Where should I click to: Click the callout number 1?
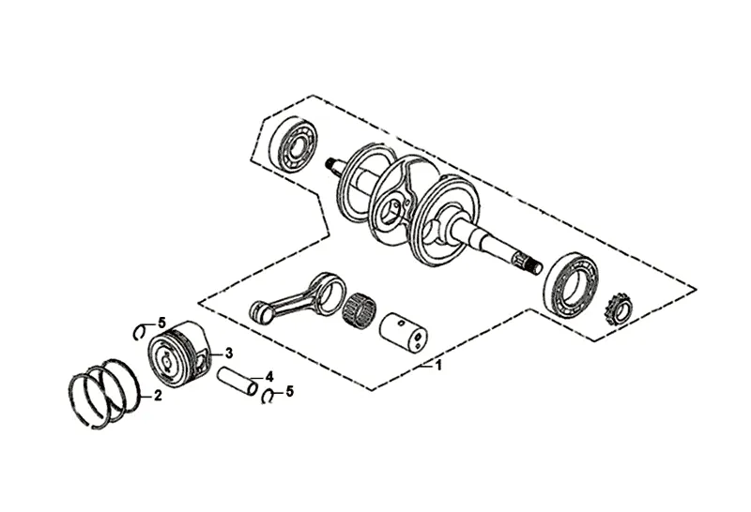click(x=437, y=366)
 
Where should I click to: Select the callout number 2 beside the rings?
click(x=158, y=396)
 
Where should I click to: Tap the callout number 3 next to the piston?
click(x=227, y=354)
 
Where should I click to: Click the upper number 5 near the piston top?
click(x=161, y=324)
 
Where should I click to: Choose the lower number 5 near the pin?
click(x=289, y=392)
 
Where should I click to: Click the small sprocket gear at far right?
click(x=619, y=308)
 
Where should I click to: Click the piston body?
click(x=183, y=355)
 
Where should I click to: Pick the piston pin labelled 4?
click(x=236, y=382)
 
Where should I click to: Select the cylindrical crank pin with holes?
click(x=401, y=328)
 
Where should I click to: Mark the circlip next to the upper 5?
click(x=141, y=329)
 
